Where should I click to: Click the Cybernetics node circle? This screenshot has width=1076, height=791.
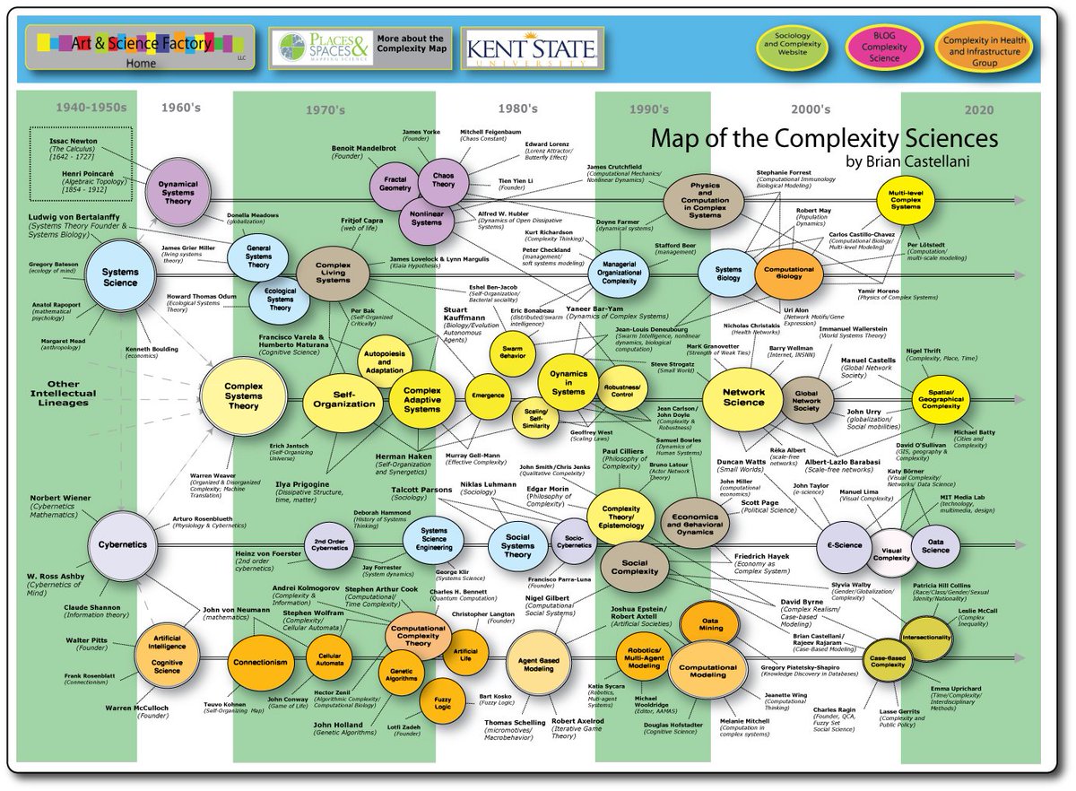(x=121, y=544)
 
